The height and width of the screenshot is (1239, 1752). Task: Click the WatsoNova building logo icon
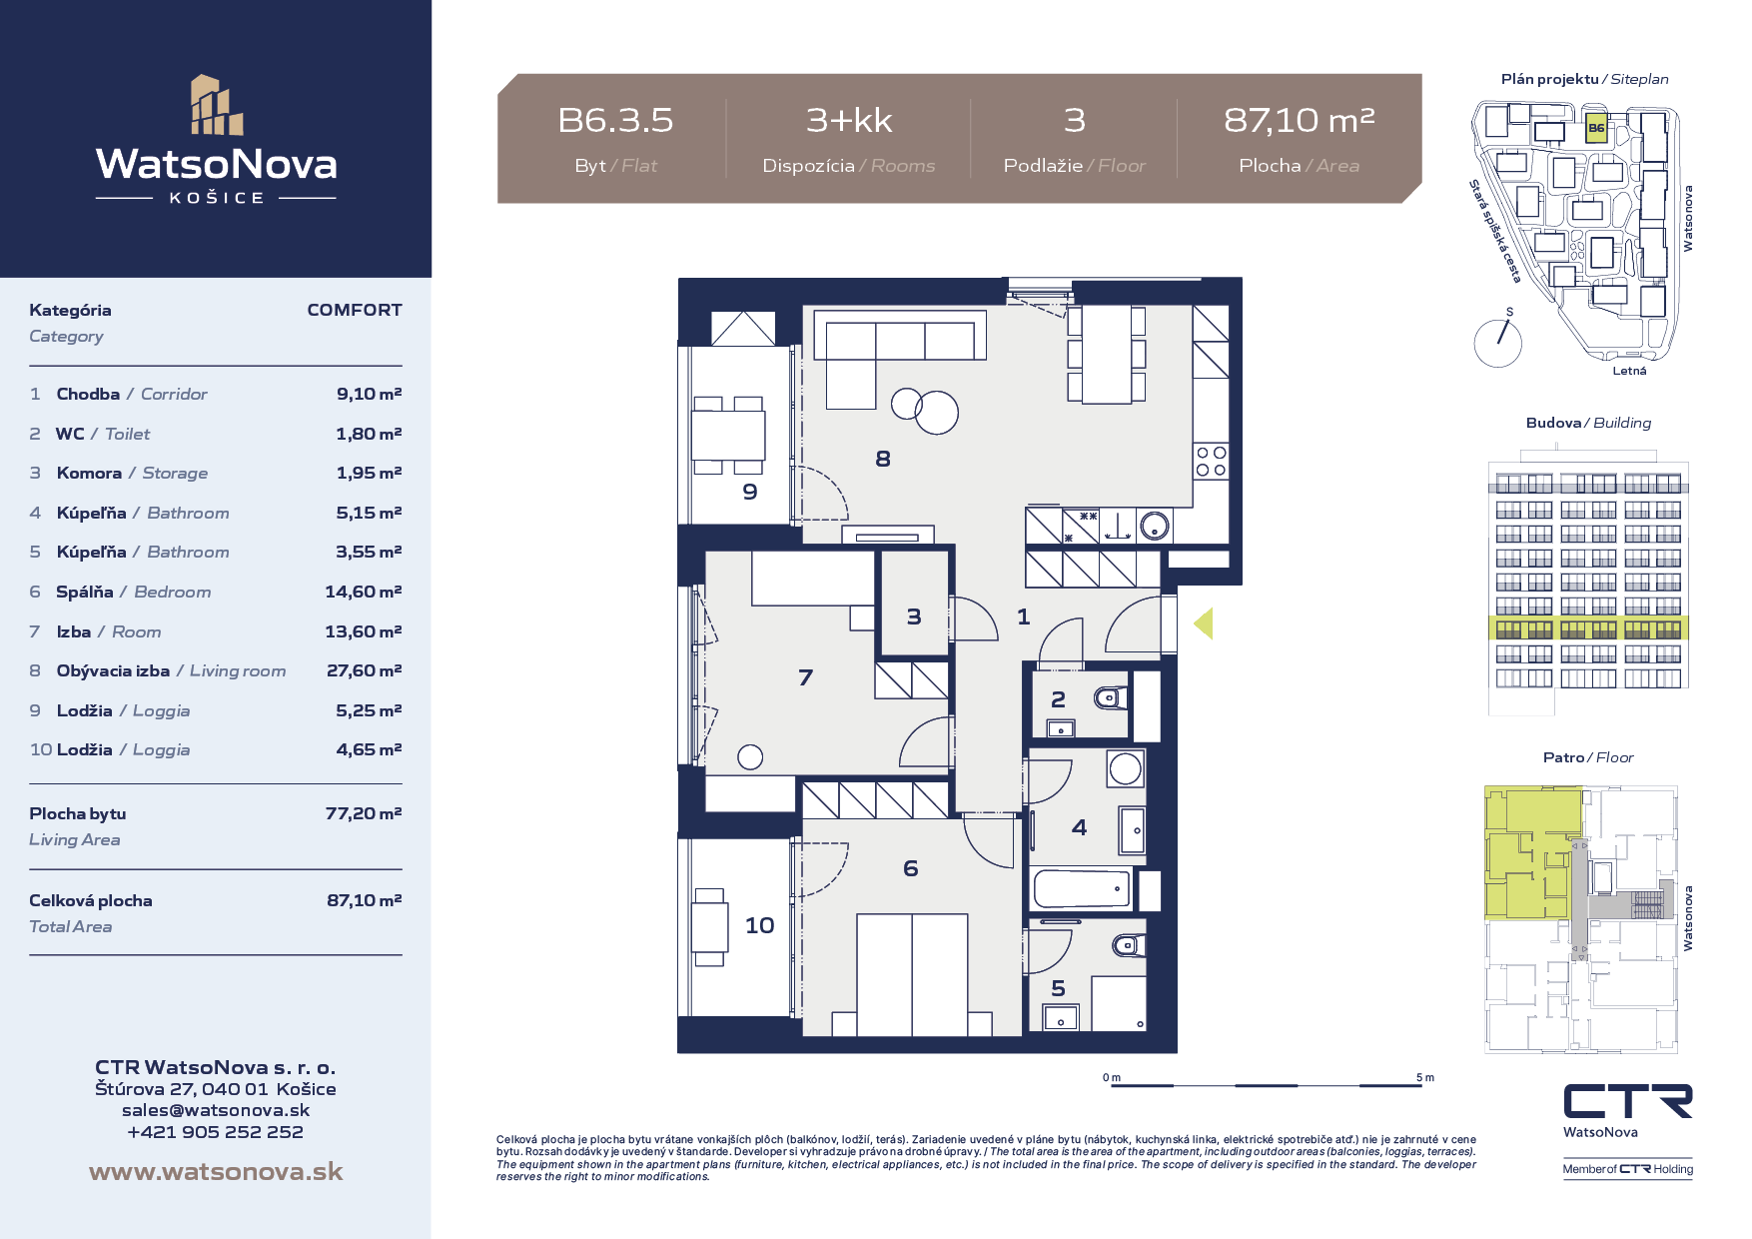point(217,105)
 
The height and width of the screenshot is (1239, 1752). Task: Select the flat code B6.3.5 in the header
point(615,121)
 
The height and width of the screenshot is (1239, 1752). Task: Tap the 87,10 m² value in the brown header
point(1299,120)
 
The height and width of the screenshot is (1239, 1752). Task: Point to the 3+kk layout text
point(849,121)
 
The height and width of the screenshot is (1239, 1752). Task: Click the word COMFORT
point(355,310)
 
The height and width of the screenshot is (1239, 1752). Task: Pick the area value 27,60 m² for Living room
point(364,670)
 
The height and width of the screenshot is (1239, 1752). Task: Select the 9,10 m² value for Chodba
point(369,394)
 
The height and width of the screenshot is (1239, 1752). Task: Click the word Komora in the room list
point(89,473)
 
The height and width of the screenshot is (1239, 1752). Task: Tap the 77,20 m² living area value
point(364,813)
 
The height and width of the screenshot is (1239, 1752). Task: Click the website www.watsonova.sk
point(216,1171)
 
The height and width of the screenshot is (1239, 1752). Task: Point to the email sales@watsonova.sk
point(216,1110)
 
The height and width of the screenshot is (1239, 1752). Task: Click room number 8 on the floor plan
point(883,459)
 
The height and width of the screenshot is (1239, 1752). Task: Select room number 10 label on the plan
point(759,925)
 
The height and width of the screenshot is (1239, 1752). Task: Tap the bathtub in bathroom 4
point(1082,888)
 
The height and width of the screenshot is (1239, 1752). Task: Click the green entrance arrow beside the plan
point(1204,623)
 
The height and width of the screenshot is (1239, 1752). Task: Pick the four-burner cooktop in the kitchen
point(1212,462)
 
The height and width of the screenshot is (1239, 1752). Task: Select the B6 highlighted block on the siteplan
point(1596,129)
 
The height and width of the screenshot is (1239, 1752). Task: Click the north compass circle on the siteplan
point(1497,343)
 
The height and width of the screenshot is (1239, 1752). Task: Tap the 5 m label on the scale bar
point(1425,1077)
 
